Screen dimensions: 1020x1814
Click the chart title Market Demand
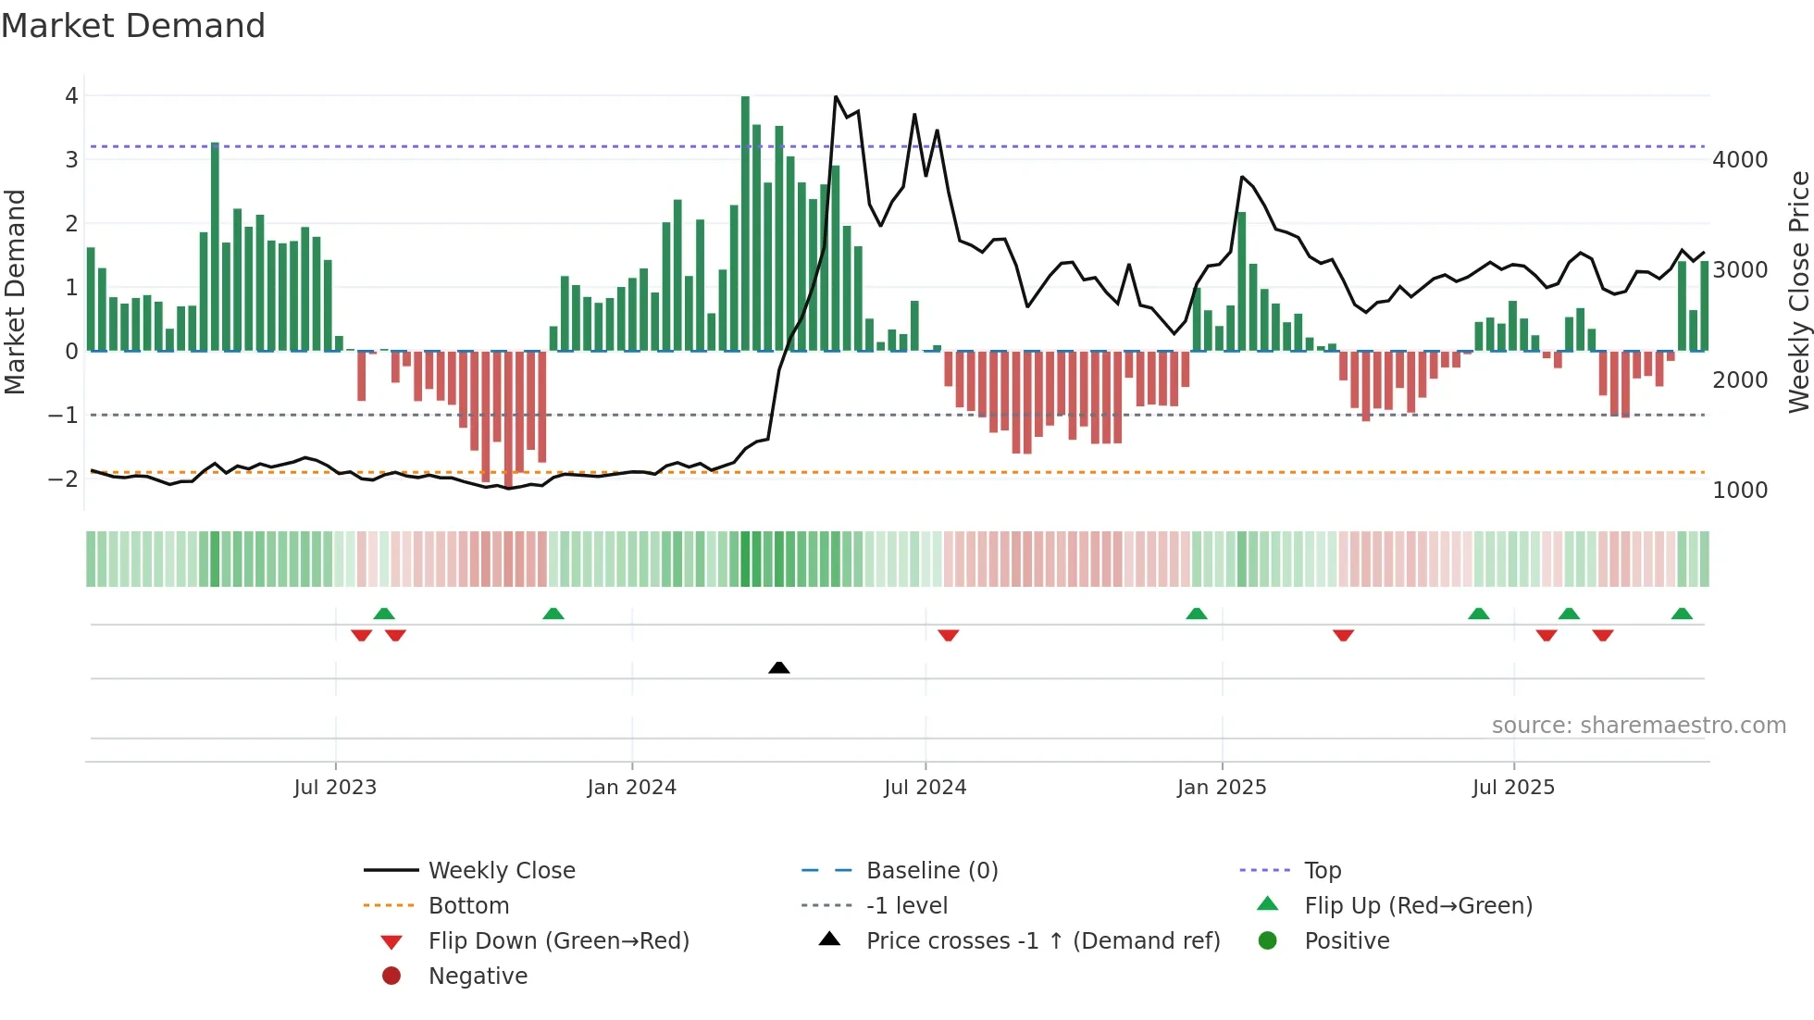click(133, 26)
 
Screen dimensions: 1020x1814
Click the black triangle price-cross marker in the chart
click(779, 667)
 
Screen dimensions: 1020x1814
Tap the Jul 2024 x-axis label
click(925, 788)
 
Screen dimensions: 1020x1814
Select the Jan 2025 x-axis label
click(1222, 788)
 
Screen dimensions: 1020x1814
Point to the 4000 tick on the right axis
click(1740, 160)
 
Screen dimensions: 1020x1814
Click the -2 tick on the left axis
click(63, 479)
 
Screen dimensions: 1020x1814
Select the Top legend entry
click(1322, 871)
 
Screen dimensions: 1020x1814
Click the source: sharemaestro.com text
click(1638, 726)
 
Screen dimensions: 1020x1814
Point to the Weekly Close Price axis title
click(1798, 292)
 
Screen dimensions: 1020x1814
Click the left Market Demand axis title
click(16, 292)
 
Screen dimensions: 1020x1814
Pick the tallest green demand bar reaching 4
click(745, 222)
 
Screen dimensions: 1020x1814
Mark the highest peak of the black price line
click(836, 97)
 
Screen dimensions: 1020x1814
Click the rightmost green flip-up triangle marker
click(1682, 614)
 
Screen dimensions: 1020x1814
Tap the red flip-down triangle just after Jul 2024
click(948, 635)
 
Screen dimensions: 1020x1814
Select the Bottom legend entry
click(468, 906)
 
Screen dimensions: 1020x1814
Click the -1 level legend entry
click(906, 906)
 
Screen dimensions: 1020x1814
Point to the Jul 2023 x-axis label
click(335, 788)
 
